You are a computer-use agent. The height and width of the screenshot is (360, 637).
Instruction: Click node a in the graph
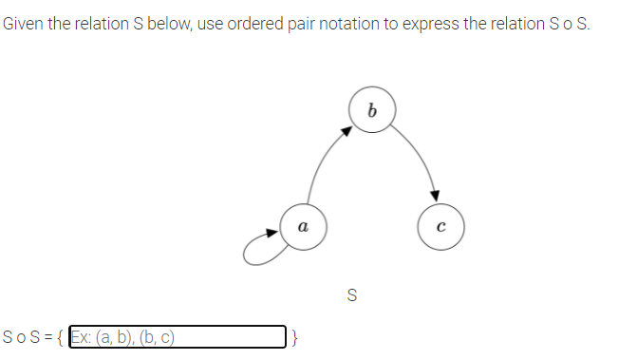click(x=302, y=227)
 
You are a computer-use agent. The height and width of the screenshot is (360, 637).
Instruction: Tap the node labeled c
click(x=441, y=227)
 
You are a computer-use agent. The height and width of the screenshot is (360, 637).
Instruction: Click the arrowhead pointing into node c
click(x=436, y=194)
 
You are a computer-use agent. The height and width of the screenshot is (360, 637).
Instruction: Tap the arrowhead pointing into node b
click(x=347, y=132)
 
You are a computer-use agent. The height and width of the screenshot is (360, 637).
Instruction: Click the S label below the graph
click(x=353, y=295)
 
